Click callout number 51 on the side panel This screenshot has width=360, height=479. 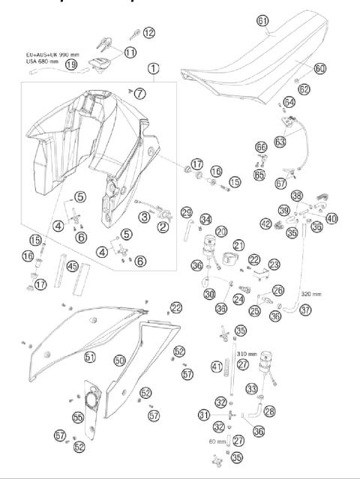[89, 358]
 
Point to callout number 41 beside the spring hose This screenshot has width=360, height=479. [217, 367]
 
